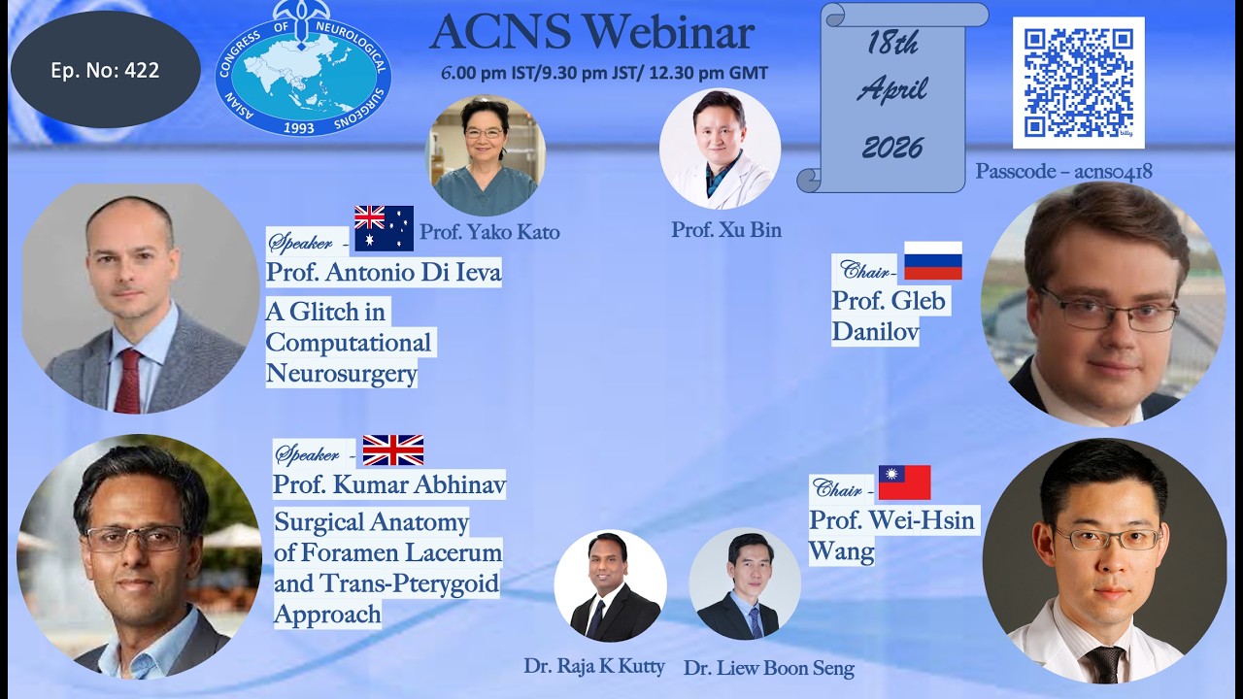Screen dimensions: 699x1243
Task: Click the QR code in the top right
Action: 1078,82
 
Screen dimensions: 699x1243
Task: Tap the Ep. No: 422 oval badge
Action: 105,70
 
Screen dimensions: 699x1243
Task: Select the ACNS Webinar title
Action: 591,33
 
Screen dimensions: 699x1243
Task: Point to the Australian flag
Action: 384,228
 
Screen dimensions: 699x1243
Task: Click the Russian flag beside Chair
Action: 932,261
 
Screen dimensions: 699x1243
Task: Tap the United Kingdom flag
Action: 392,450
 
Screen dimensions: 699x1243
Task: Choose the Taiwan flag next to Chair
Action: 904,483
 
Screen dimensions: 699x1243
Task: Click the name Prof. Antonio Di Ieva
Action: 384,273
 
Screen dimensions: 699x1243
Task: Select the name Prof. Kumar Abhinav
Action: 388,484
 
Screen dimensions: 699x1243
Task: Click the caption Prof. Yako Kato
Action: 488,232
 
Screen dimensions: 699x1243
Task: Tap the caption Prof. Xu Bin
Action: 725,230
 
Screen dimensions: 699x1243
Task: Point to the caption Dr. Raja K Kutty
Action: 594,666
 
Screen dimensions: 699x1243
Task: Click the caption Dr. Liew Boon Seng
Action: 768,668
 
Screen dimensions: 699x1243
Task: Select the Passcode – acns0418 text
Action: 1063,172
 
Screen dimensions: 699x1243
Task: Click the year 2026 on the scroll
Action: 891,148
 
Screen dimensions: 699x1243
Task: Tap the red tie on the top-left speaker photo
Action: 127,380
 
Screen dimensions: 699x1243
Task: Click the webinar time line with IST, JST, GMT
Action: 604,73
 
